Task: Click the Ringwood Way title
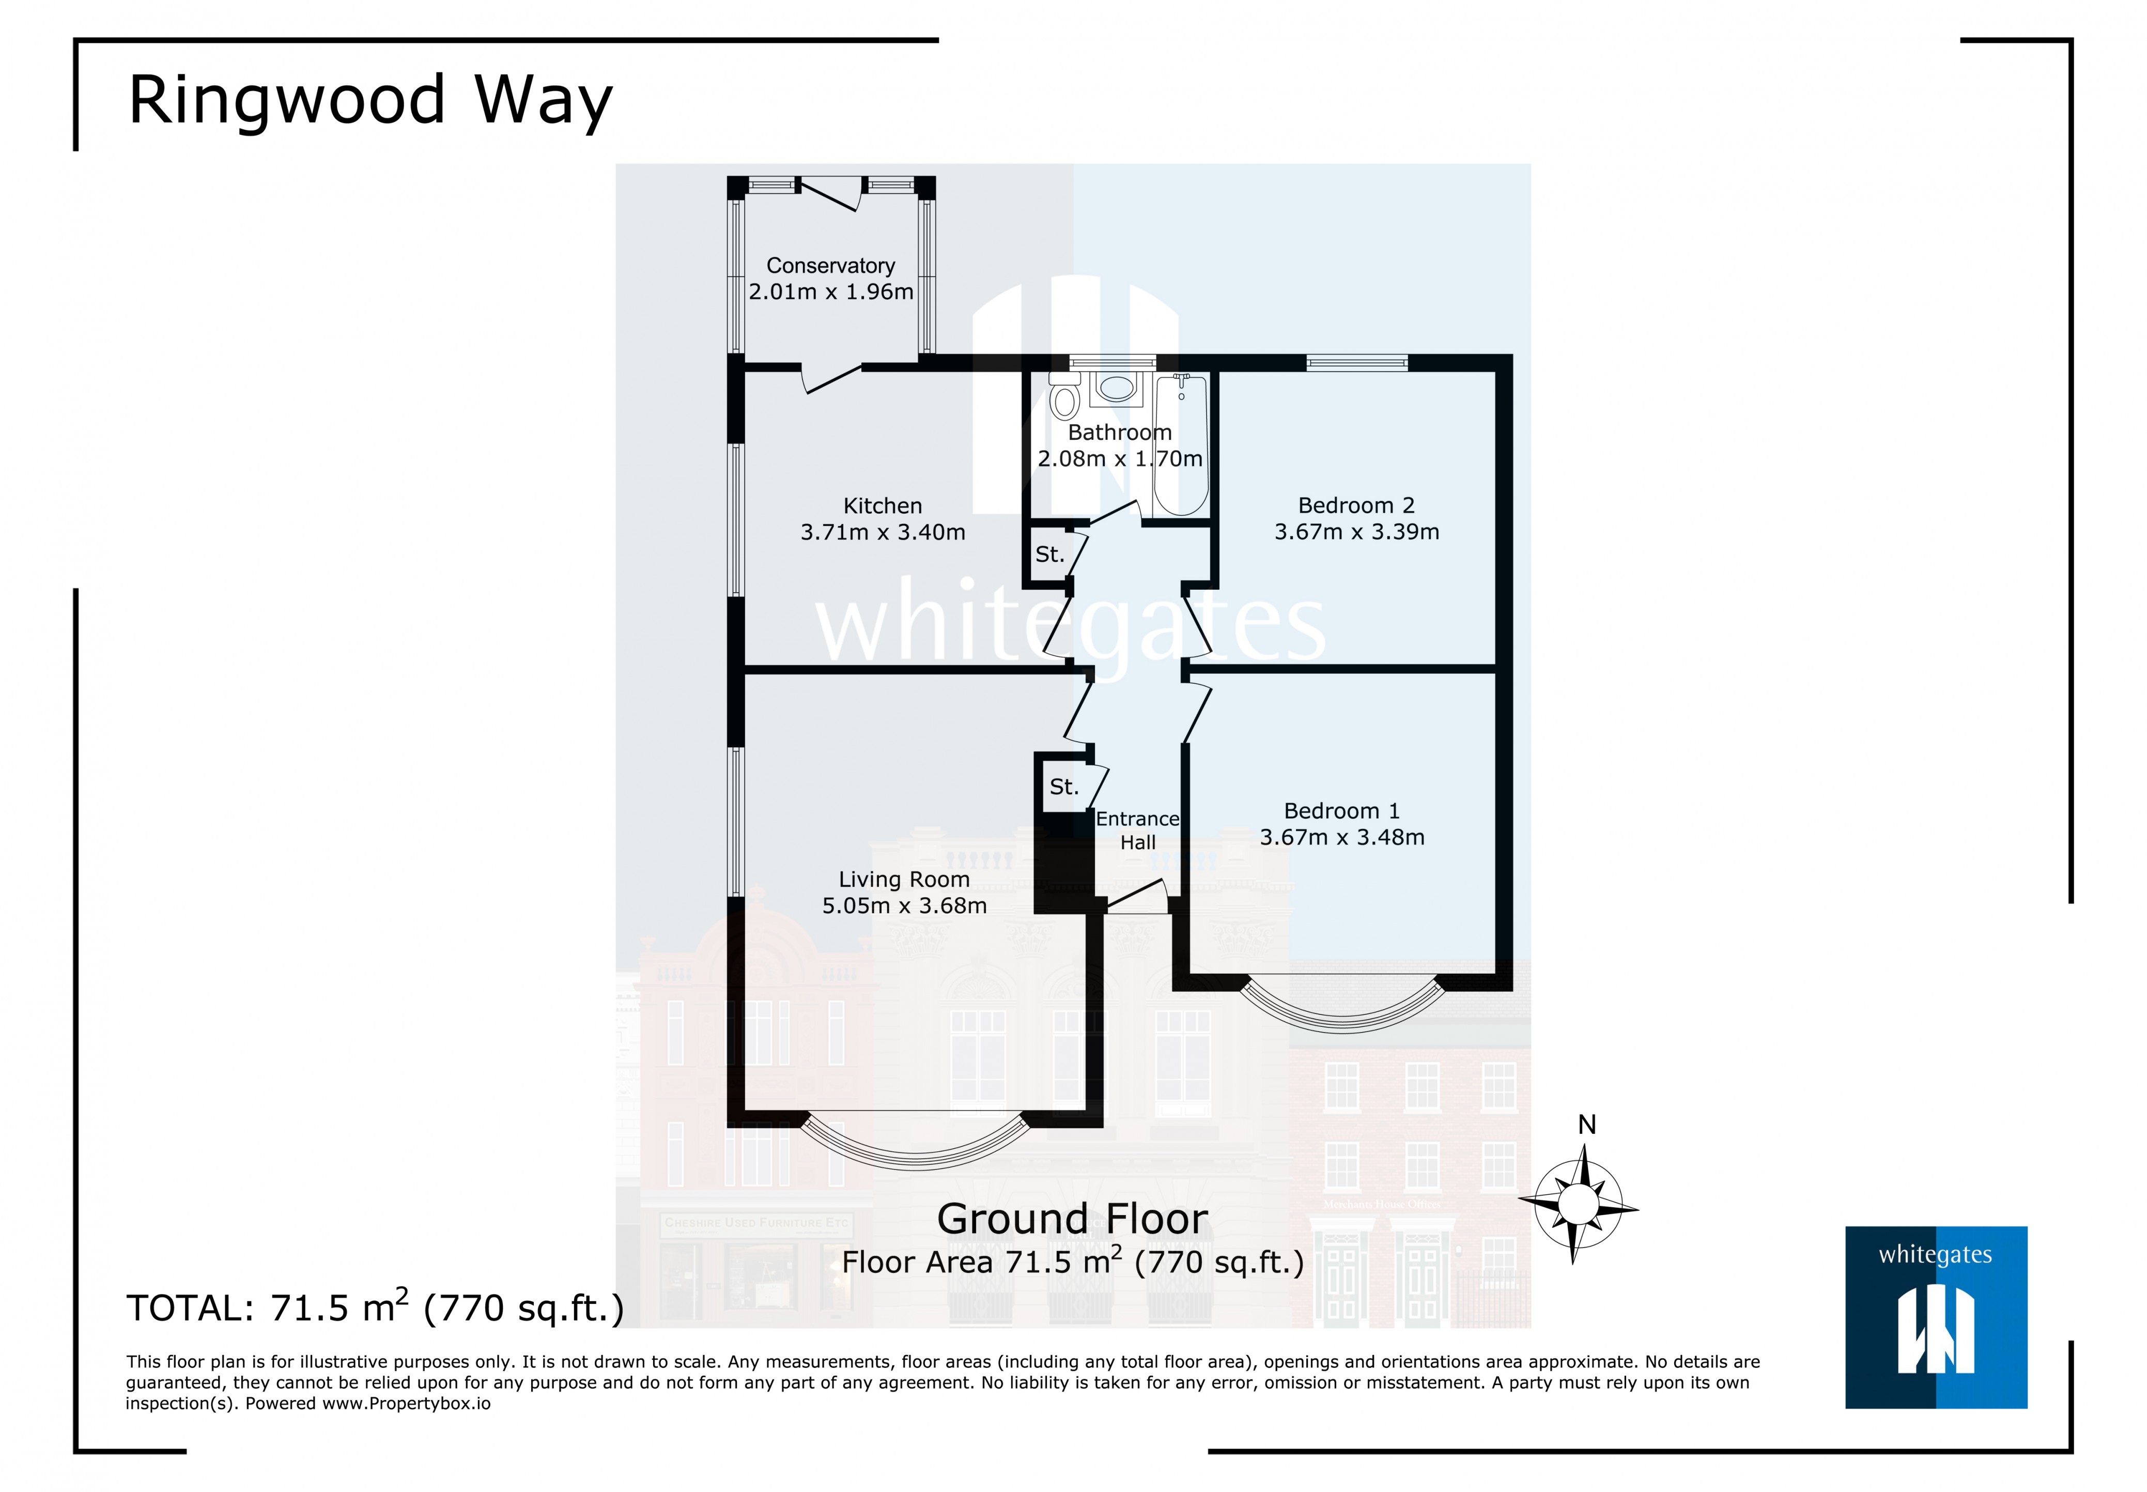pos(370,100)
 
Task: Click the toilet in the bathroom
pos(1064,398)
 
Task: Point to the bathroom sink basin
pos(1115,388)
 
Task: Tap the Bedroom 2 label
pos(1355,506)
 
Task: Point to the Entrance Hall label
pos(1137,830)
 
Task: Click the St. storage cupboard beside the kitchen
pos(1049,555)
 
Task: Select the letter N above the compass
pos(1586,1125)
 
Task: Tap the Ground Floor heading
pos(1072,1219)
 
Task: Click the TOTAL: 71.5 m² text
pos(375,1308)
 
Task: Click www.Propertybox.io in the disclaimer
pos(407,1403)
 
